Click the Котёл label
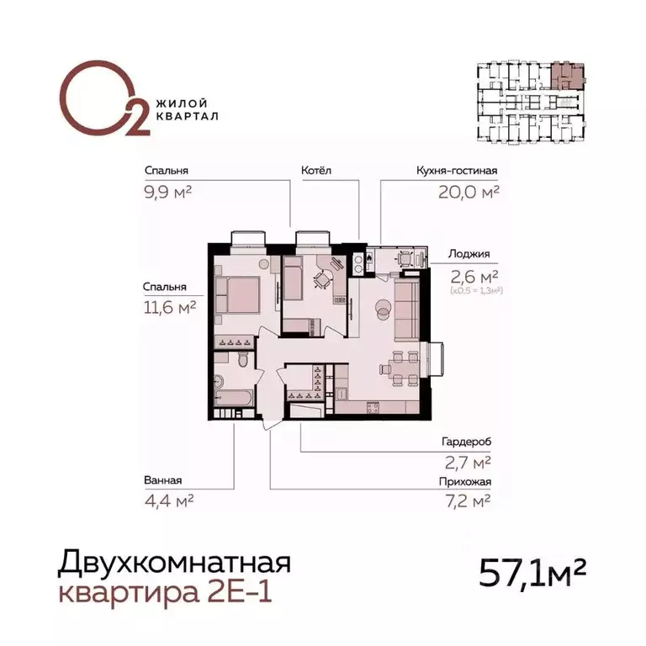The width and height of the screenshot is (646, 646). [316, 171]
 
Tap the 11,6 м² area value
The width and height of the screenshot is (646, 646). [169, 308]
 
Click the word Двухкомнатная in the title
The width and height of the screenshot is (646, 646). [174, 561]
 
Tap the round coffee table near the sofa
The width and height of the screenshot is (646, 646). [382, 308]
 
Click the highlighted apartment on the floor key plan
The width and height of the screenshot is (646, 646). [567, 77]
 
